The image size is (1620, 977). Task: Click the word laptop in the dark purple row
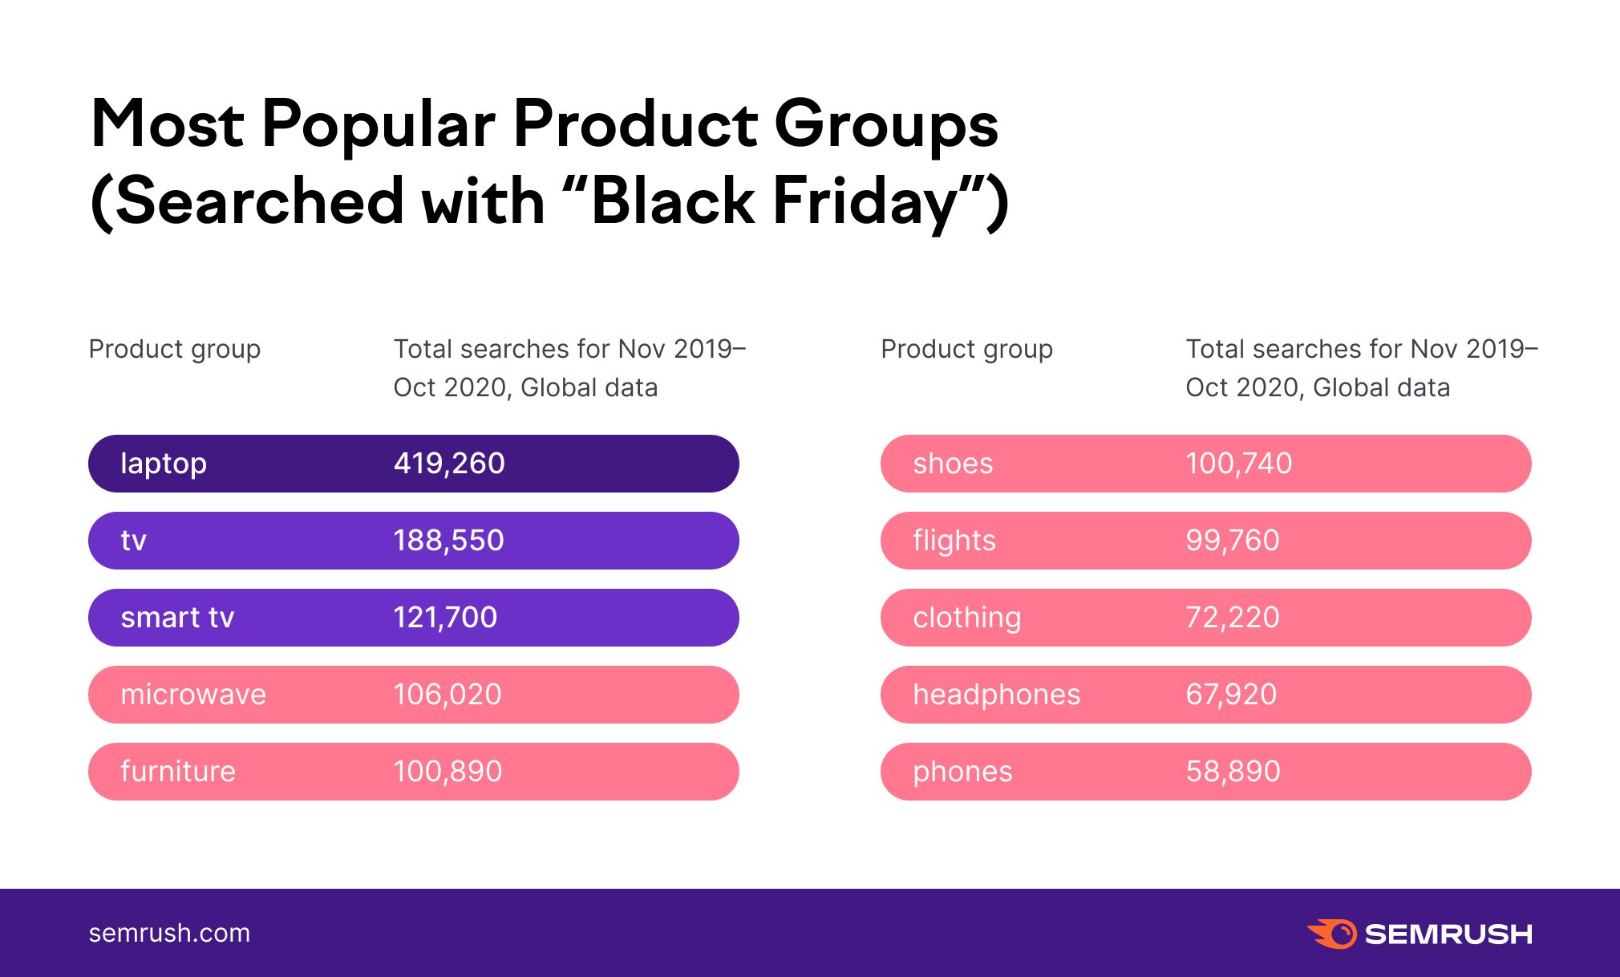click(x=164, y=464)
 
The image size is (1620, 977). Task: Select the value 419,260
click(x=449, y=464)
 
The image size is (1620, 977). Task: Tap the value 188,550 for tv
click(x=448, y=541)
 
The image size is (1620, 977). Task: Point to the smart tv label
click(x=177, y=618)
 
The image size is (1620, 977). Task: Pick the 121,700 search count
click(x=445, y=618)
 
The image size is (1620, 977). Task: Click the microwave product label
click(x=193, y=695)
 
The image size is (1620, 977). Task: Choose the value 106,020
click(x=448, y=695)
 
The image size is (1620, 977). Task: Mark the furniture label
click(x=178, y=772)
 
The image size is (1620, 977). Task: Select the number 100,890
click(x=448, y=772)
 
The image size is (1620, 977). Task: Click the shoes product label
click(x=953, y=464)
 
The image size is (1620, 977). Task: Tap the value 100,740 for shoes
click(x=1239, y=464)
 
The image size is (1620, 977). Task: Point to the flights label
click(x=954, y=541)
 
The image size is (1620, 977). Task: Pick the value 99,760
click(x=1233, y=541)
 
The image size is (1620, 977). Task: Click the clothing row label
click(x=967, y=618)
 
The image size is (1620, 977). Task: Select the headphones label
click(x=997, y=695)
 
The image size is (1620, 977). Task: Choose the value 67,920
click(x=1231, y=695)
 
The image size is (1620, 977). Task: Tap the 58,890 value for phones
click(x=1233, y=772)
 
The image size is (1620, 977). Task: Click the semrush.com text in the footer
click(x=169, y=933)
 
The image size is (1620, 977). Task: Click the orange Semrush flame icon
click(x=1333, y=934)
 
